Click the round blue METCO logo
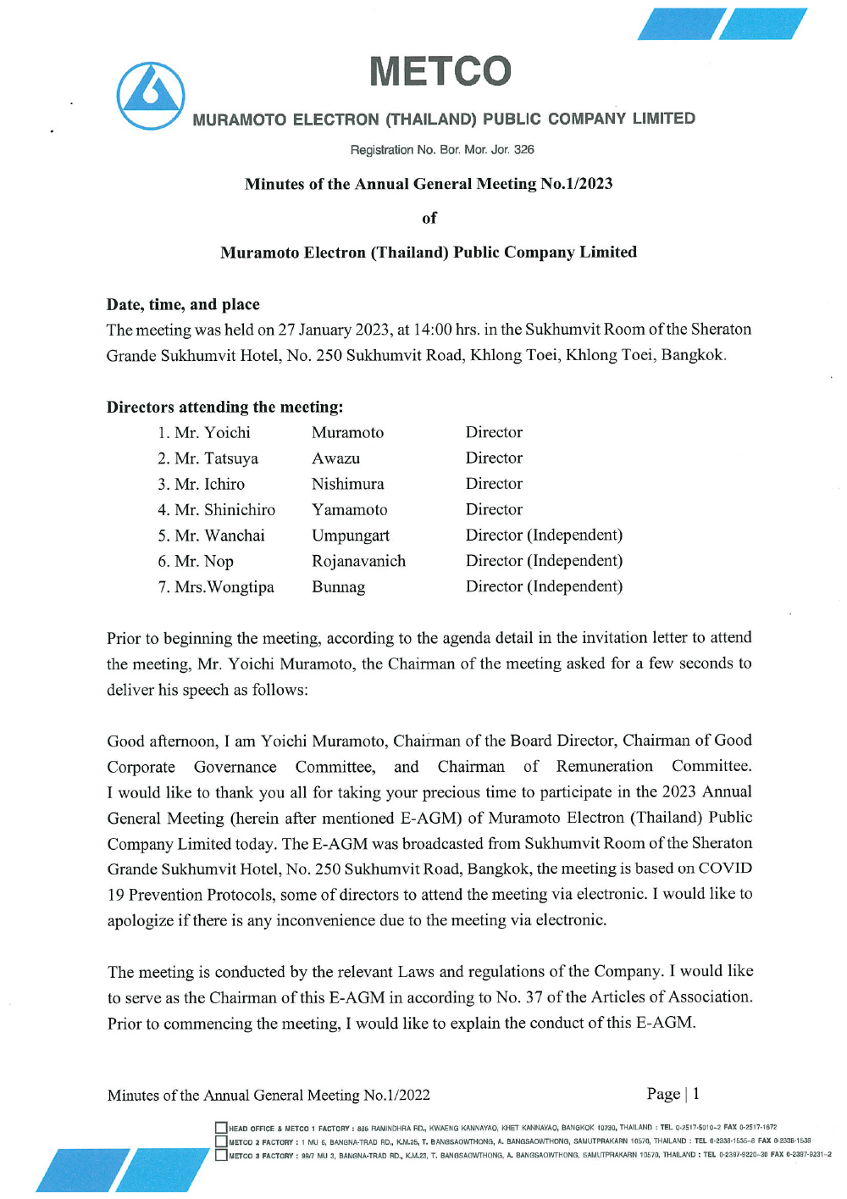click(x=151, y=96)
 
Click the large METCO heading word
click(x=440, y=71)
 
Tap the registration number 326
click(x=524, y=150)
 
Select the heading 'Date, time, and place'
click(x=183, y=304)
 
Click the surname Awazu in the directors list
click(x=335, y=458)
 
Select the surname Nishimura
click(x=347, y=484)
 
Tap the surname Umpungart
click(x=351, y=536)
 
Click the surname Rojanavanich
click(x=358, y=561)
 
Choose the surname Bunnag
click(x=338, y=587)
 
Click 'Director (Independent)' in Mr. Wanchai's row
click(x=544, y=536)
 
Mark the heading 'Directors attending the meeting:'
click(x=224, y=407)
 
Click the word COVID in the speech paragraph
click(x=725, y=869)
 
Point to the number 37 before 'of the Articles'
click(x=534, y=997)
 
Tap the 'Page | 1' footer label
click(x=673, y=1094)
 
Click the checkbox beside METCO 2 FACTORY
click(x=221, y=1141)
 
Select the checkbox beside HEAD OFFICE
click(x=221, y=1128)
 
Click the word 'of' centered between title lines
click(x=429, y=218)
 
